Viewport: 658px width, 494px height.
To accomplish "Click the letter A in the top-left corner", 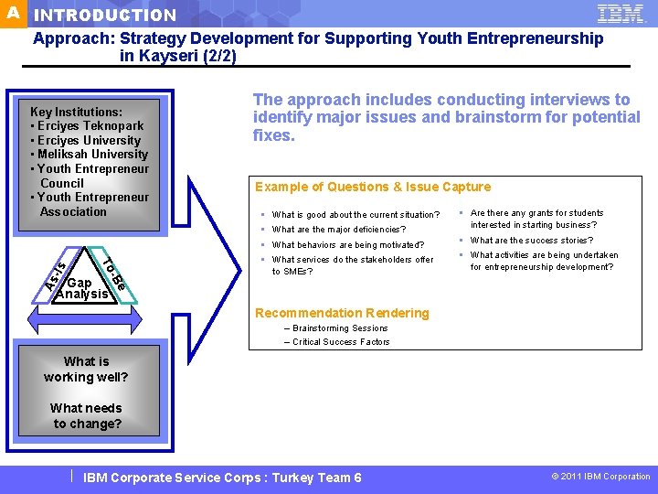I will click(13, 13).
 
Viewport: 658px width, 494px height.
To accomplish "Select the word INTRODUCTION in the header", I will click(105, 16).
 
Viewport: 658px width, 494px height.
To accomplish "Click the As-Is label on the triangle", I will click(56, 272).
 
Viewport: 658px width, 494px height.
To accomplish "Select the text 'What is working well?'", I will click(86, 369).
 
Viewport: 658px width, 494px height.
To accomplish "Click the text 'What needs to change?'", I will click(86, 415).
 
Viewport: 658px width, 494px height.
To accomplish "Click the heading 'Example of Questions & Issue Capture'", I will click(373, 187).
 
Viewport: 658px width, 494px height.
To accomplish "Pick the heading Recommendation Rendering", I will click(343, 313).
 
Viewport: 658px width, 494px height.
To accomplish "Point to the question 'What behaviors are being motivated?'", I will click(348, 245).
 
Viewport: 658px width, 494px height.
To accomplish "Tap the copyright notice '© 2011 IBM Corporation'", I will click(600, 477).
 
